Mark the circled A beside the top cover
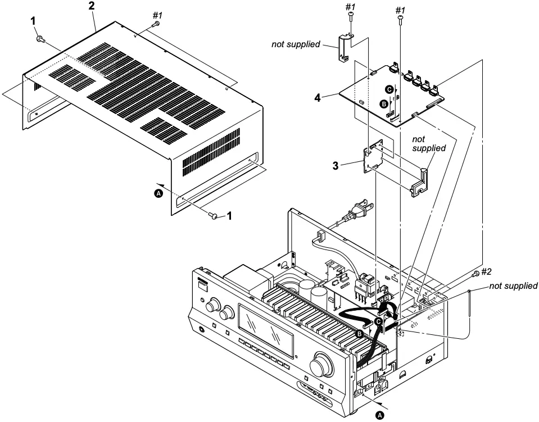(x=158, y=193)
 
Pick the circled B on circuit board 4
(x=384, y=103)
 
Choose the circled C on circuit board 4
(x=388, y=89)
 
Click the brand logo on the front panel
(x=202, y=280)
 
